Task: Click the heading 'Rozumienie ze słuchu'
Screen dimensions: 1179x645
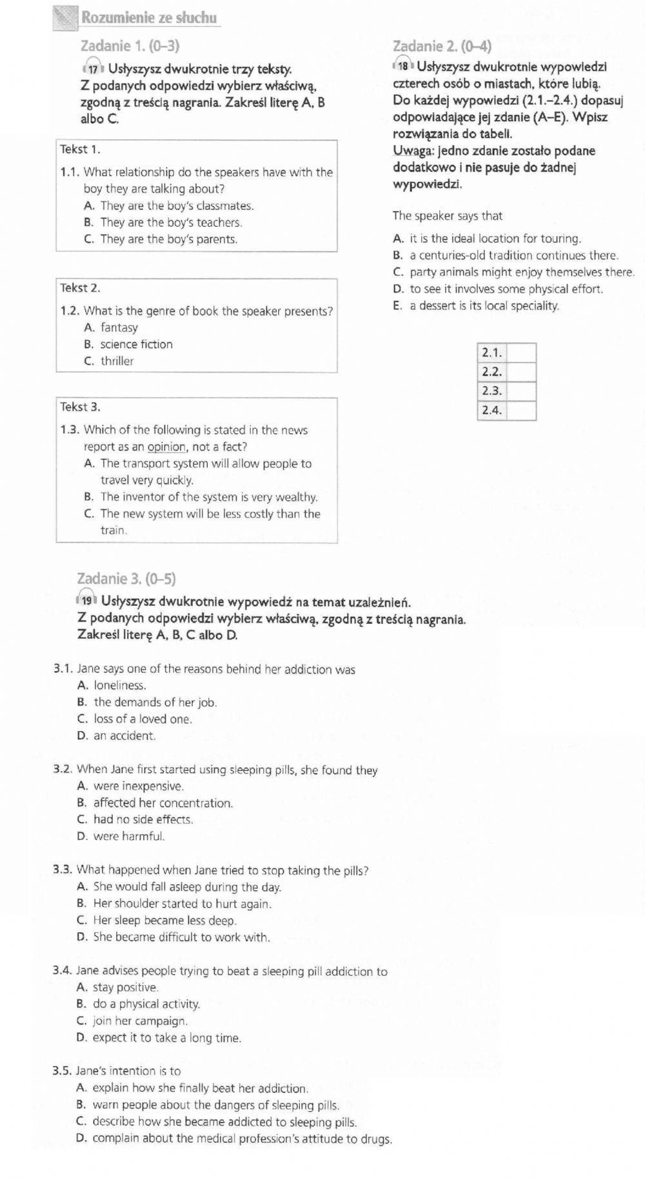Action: [149, 18]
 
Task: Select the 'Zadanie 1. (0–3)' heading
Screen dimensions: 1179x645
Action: [130, 46]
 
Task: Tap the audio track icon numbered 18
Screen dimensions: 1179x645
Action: [403, 66]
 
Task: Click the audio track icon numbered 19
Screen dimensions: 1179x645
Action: [86, 600]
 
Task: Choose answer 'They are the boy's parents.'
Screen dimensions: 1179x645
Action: [169, 239]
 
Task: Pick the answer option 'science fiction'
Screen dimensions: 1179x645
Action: [136, 344]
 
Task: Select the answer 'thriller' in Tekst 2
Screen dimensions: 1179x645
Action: [117, 361]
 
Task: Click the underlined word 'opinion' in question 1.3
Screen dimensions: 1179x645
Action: [167, 447]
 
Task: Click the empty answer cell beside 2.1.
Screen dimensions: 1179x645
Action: [521, 353]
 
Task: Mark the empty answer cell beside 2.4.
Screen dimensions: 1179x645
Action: [521, 411]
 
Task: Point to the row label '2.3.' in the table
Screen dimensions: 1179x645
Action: [491, 391]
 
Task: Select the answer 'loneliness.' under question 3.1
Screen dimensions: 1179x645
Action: [120, 685]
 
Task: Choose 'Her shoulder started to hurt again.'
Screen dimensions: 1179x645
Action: [182, 904]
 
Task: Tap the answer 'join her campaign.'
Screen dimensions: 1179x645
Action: [140, 1021]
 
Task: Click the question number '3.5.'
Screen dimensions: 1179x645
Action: [62, 1071]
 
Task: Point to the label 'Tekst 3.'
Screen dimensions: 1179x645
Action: [80, 407]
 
